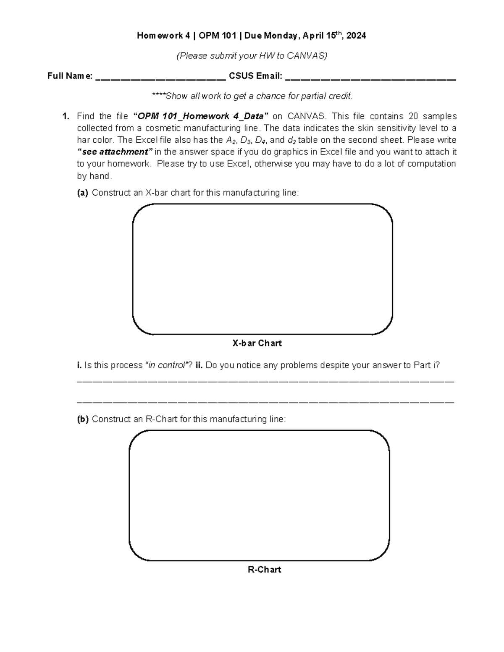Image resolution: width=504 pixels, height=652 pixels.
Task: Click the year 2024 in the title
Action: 356,36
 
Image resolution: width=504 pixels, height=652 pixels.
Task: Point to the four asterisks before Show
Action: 158,96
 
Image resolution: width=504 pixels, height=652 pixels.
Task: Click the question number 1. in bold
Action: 65,116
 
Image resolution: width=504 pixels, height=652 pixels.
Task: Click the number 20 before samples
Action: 415,116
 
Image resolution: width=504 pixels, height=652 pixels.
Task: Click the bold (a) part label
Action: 82,193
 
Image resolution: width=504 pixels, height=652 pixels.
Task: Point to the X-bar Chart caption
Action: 257,343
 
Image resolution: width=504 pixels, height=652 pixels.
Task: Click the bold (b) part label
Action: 82,419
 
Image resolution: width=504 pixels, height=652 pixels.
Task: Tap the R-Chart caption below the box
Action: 264,570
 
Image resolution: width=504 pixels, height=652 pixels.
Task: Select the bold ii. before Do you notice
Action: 199,365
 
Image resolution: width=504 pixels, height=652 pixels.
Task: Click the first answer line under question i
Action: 266,381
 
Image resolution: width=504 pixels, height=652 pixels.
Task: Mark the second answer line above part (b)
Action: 266,402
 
